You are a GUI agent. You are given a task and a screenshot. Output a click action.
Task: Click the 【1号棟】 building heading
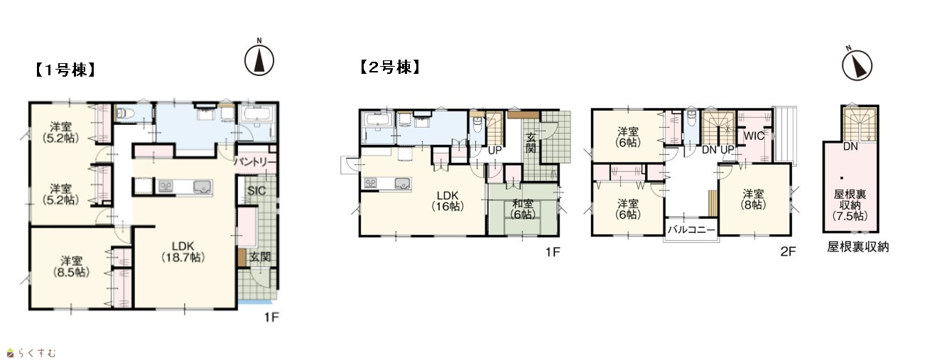pyautogui.click(x=65, y=70)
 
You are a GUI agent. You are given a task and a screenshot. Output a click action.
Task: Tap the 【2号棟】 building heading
pyautogui.click(x=390, y=67)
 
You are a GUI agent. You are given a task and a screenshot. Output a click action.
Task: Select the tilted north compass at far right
pyautogui.click(x=857, y=65)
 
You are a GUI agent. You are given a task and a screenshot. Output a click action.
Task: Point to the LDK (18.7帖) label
pyautogui.click(x=183, y=251)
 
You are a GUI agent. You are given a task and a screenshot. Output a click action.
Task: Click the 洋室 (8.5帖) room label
pyautogui.click(x=71, y=267)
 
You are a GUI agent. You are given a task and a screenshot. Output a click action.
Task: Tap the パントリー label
pyautogui.click(x=255, y=162)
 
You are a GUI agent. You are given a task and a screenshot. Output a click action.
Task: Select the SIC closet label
pyautogui.click(x=256, y=191)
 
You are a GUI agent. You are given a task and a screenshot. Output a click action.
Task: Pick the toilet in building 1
pyautogui.click(x=124, y=113)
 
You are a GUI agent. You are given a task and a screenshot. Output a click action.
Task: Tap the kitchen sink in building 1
pyautogui.click(x=202, y=187)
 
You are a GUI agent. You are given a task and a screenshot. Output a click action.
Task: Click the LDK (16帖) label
pyautogui.click(x=448, y=201)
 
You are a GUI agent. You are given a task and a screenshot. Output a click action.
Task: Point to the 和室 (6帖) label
pyautogui.click(x=523, y=209)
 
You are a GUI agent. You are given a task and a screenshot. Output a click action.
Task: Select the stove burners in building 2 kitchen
pyautogui.click(x=370, y=183)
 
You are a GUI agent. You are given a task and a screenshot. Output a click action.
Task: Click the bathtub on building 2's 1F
pyautogui.click(x=378, y=120)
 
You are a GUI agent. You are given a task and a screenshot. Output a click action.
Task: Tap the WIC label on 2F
pyautogui.click(x=754, y=136)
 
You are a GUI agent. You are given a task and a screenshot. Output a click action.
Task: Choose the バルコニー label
pyautogui.click(x=691, y=229)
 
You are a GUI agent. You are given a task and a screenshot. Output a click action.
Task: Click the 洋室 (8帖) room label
pyautogui.click(x=753, y=200)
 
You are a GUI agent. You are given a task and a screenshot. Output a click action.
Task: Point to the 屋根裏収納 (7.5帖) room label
pyautogui.click(x=850, y=205)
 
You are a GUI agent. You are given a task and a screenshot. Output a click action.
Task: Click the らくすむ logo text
pyautogui.click(x=37, y=354)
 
